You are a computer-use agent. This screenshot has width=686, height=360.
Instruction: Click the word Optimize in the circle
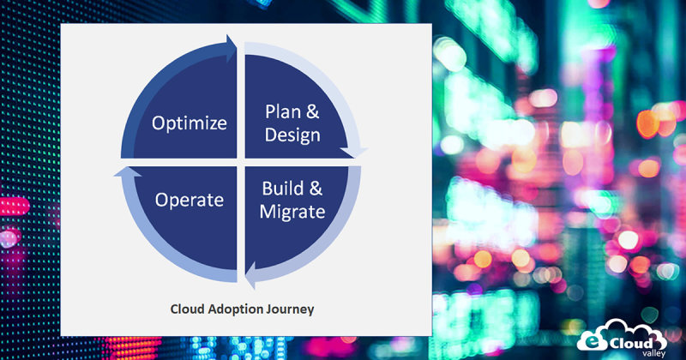coord(190,123)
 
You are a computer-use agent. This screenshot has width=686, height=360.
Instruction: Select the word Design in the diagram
coord(292,135)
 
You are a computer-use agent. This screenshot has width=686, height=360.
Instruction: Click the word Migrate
coord(292,212)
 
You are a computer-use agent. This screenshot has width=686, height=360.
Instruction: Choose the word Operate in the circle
coord(190,200)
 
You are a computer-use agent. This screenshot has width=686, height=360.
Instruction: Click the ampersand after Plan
coord(315,112)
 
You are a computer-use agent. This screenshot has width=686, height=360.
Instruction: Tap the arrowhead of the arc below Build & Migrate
coord(248,278)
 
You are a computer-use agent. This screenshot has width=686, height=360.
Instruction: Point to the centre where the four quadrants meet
coord(240,161)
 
